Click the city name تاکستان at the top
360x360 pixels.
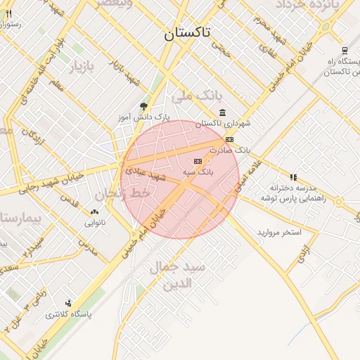pyautogui.click(x=191, y=34)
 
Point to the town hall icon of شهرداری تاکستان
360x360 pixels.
pyautogui.click(x=223, y=113)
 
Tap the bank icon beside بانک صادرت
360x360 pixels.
pyautogui.click(x=229, y=140)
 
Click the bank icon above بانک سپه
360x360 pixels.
pyautogui.click(x=197, y=161)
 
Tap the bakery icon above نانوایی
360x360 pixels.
pyautogui.click(x=94, y=212)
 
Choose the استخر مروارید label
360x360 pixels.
pyautogui.click(x=279, y=231)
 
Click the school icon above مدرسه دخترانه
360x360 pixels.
pyautogui.click(x=292, y=177)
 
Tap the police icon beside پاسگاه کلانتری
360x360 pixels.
pyautogui.click(x=67, y=303)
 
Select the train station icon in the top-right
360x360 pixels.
pyautogui.click(x=344, y=51)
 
